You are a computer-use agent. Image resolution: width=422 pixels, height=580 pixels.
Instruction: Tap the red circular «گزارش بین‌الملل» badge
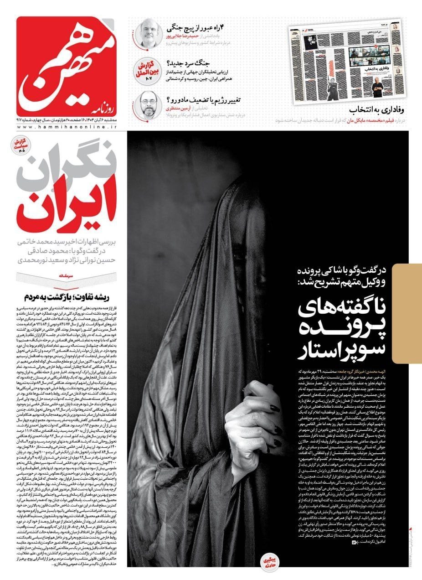145,70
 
